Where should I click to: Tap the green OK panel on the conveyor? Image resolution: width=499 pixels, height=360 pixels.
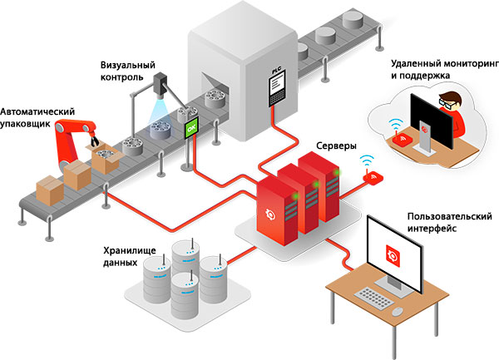point(192,129)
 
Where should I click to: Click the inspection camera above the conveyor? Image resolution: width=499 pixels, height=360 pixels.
point(161,86)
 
